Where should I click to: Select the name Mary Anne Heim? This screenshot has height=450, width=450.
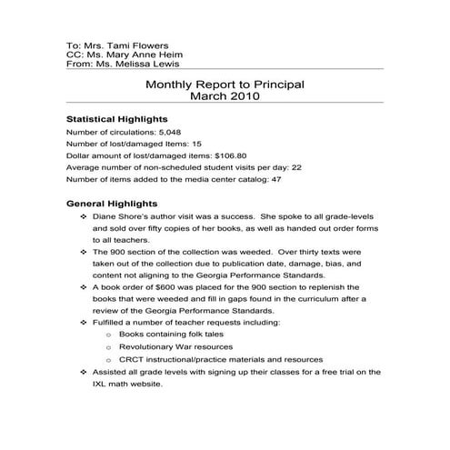pyautogui.click(x=138, y=55)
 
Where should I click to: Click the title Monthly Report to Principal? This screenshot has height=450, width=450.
pyautogui.click(x=225, y=85)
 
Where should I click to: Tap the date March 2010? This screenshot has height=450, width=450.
pyautogui.click(x=225, y=97)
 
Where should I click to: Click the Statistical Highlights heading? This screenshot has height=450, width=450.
pyautogui.click(x=116, y=119)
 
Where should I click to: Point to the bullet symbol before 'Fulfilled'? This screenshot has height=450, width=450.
pyautogui.click(x=84, y=322)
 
